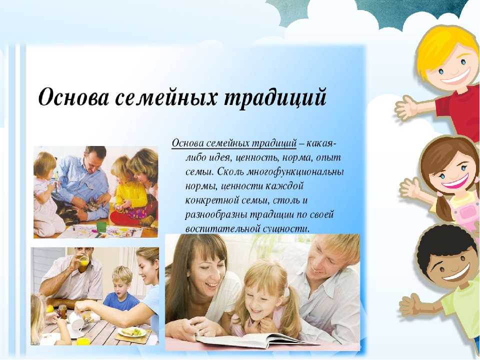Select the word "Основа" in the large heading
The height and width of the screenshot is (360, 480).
pos(73,97)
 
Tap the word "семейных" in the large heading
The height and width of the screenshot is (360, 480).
pos(166,97)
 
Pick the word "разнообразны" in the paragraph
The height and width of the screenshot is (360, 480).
pos(216,215)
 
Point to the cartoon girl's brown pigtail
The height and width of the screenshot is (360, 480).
pos(443,208)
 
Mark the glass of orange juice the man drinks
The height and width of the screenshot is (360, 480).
pos(84,261)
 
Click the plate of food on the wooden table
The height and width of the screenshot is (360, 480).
pos(132,332)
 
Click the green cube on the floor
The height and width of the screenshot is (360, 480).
pos(101,227)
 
